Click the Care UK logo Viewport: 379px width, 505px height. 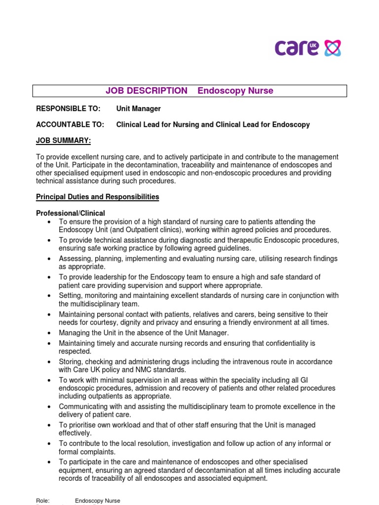(x=307, y=48)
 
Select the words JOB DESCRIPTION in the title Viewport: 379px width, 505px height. (x=147, y=91)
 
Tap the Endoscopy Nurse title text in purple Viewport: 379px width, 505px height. (x=235, y=91)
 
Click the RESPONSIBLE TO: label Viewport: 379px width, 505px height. (x=68, y=108)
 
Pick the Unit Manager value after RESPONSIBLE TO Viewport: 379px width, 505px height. (x=139, y=108)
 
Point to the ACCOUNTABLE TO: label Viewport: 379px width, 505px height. (x=70, y=125)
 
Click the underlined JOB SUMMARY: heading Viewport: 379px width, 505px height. (x=63, y=141)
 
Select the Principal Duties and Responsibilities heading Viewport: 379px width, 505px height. (x=98, y=197)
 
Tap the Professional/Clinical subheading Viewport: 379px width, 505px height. (x=71, y=213)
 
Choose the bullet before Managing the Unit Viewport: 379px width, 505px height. (x=49, y=333)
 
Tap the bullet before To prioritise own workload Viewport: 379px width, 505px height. (x=49, y=425)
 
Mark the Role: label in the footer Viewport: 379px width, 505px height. (x=43, y=501)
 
